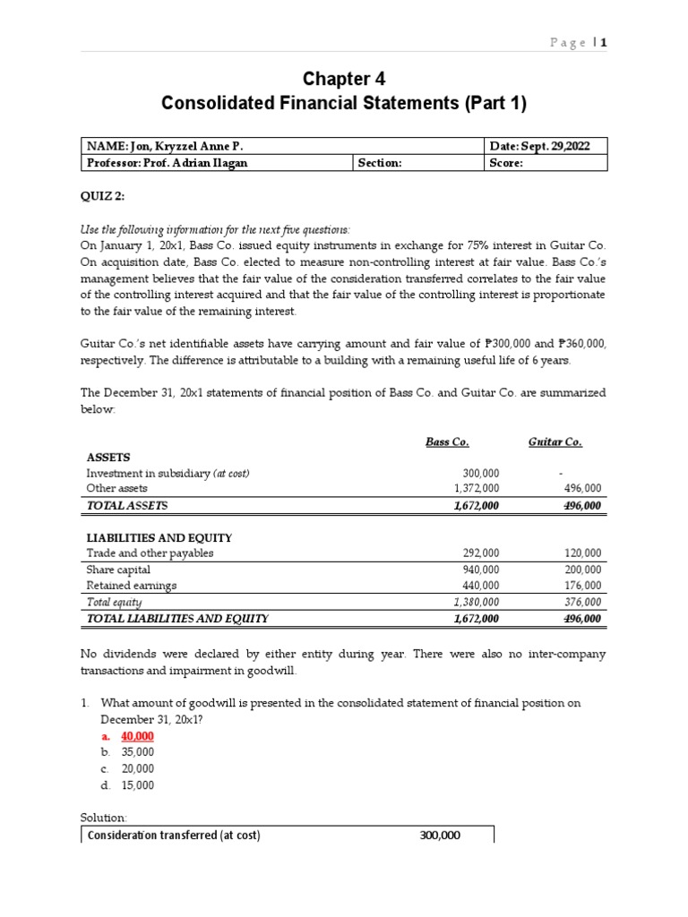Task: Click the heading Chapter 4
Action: coord(344,79)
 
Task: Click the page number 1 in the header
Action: coord(604,42)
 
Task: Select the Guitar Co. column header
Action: coord(555,441)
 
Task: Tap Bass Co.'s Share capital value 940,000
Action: coord(479,570)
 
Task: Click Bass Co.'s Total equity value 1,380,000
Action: coord(472,602)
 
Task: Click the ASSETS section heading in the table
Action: coord(108,457)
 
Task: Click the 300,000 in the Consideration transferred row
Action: coord(439,835)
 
